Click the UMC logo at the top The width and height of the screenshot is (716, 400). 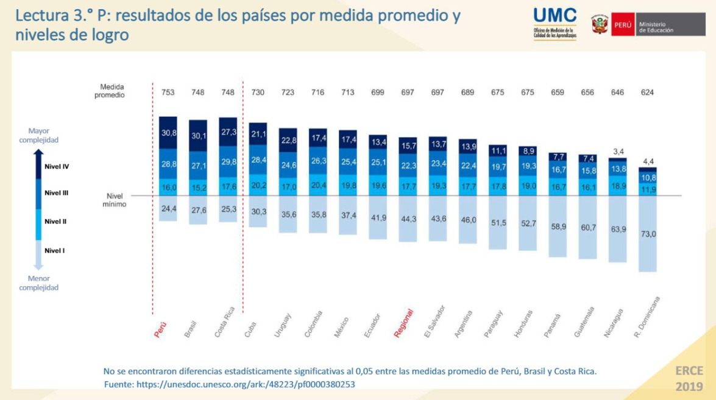[x=555, y=23]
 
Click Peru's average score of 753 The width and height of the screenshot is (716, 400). [x=168, y=93]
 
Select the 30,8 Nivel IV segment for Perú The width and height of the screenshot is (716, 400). [x=168, y=133]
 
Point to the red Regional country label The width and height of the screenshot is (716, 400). [x=404, y=323]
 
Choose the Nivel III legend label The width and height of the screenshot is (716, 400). [x=56, y=192]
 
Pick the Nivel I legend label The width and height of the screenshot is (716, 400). [x=54, y=250]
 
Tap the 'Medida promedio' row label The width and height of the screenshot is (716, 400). [x=112, y=91]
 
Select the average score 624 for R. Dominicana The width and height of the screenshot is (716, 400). [x=647, y=93]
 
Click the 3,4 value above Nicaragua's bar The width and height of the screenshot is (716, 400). [x=617, y=152]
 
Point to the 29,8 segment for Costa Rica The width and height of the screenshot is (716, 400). [x=228, y=161]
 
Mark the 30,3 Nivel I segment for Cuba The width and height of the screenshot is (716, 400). [x=258, y=211]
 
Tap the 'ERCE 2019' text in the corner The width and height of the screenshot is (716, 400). [x=689, y=378]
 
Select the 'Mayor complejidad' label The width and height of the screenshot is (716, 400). [x=38, y=135]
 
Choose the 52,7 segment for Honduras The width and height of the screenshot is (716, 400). [x=527, y=223]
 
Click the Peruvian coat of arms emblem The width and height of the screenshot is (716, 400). [x=600, y=25]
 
